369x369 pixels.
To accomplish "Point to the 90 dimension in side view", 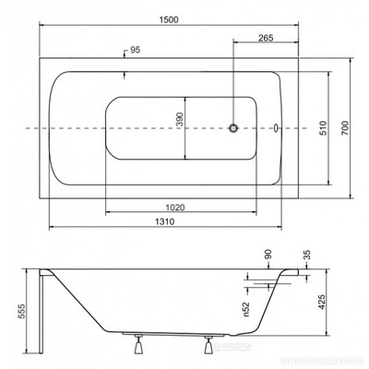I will (268, 255).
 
